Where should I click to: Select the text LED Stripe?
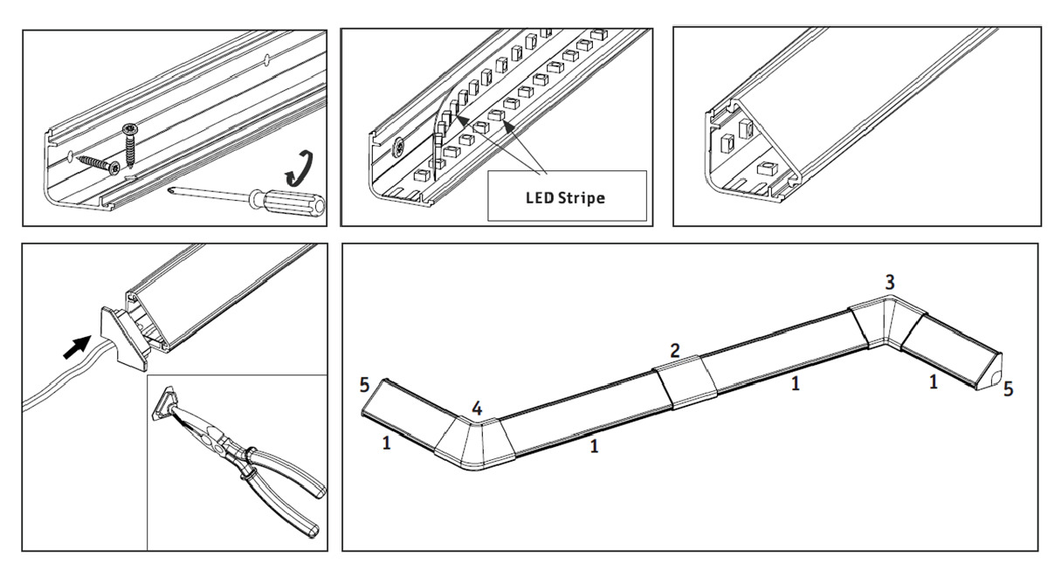tap(565, 197)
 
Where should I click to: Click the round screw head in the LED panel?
tap(399, 149)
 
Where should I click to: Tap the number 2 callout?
tap(674, 351)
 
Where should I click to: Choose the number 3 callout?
tap(889, 282)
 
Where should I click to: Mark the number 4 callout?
tap(476, 408)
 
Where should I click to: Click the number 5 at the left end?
tap(364, 384)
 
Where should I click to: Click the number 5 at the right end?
tap(1009, 389)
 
